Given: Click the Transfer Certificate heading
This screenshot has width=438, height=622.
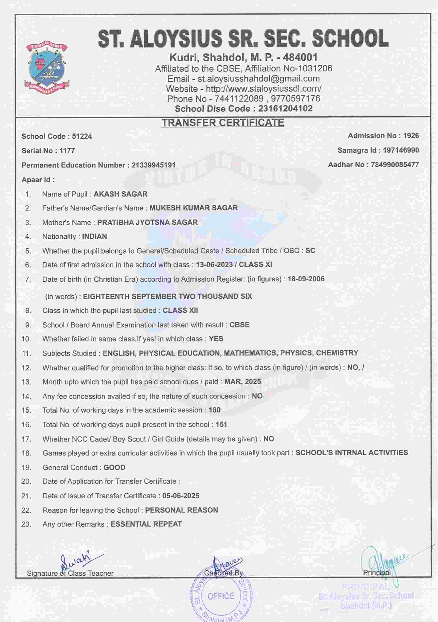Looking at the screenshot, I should (x=223, y=123).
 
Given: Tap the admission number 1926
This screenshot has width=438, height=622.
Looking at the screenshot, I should (x=411, y=136).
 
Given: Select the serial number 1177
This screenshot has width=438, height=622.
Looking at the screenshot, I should (x=67, y=151).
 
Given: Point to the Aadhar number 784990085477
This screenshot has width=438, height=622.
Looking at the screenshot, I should (x=395, y=165).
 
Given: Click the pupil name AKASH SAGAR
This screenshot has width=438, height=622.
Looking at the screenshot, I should (x=120, y=194).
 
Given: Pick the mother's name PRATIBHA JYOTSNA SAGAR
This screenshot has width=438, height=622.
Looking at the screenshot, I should (x=148, y=222).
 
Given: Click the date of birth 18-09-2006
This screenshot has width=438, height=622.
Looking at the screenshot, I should (x=306, y=279).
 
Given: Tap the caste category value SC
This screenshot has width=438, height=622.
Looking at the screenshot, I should (x=310, y=251).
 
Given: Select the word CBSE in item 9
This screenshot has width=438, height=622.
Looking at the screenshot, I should (x=240, y=325).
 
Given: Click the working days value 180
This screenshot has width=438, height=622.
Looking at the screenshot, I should (x=215, y=410).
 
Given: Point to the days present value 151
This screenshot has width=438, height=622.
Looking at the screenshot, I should (x=221, y=425).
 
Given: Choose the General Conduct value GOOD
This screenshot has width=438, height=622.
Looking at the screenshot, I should (x=114, y=467).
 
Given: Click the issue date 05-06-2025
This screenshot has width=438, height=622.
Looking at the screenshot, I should (x=181, y=496).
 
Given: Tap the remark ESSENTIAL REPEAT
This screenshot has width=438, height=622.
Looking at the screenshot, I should (x=146, y=524).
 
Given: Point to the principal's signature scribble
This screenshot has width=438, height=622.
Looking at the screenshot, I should (x=384, y=565).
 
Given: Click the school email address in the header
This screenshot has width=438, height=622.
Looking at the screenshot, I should (x=259, y=79).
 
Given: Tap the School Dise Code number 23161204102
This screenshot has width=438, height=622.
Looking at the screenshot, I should (x=285, y=109).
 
